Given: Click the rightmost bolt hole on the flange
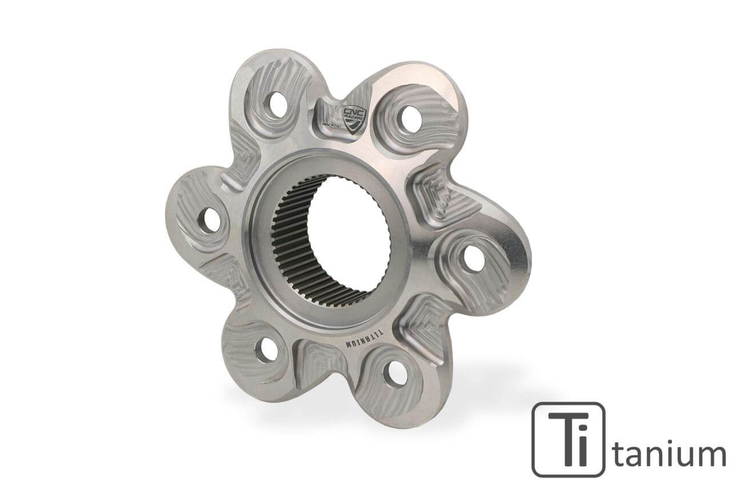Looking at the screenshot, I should pos(473,258).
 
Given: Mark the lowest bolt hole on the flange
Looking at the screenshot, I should pos(395,374).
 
